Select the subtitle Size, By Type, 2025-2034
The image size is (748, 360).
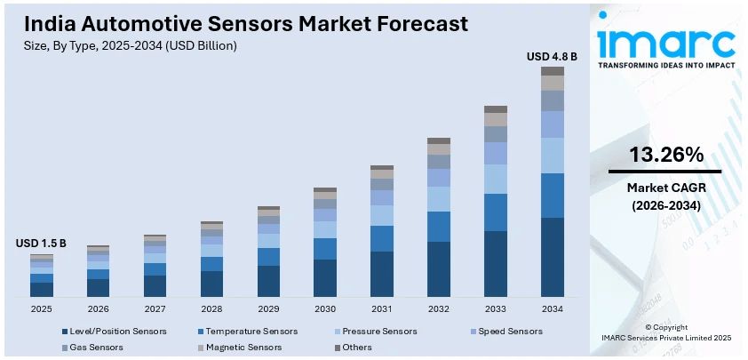[x=131, y=44]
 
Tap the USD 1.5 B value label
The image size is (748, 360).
[x=41, y=243]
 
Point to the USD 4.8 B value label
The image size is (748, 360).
[x=552, y=56]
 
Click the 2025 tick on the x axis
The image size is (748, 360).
[x=41, y=308]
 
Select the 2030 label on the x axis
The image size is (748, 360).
[x=325, y=308]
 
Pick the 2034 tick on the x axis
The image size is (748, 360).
[x=552, y=308]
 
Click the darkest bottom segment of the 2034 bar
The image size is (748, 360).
[x=552, y=257]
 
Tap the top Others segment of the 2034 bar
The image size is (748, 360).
[x=552, y=71]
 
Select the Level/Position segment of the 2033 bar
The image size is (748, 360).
[x=495, y=263]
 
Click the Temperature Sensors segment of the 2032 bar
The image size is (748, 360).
[x=439, y=227]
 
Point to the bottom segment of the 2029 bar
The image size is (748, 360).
[x=268, y=281]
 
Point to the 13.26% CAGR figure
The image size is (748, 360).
[x=665, y=154]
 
